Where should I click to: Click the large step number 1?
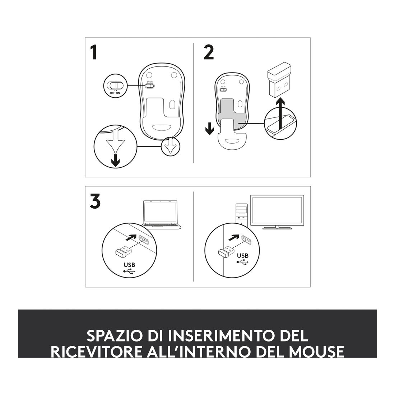tap(94, 52)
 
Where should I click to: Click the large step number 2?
tap(209, 52)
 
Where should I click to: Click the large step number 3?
tap(95, 201)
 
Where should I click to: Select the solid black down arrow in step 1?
tap(115, 161)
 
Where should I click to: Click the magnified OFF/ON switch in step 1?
tap(115, 85)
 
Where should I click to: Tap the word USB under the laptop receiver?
tap(129, 265)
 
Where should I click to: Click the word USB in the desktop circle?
tap(243, 256)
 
